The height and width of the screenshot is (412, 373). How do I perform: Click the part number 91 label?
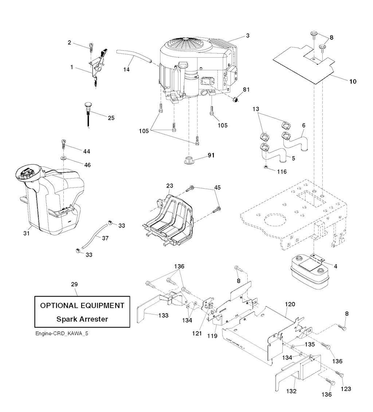coord(212,155)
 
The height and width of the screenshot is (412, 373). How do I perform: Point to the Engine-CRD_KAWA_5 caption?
coord(62,334)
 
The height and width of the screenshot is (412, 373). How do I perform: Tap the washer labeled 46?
coord(63,158)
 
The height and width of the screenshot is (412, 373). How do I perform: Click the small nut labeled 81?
coord(235,99)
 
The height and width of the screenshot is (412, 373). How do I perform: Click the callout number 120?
coord(290,304)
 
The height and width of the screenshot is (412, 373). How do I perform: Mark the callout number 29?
coord(74,284)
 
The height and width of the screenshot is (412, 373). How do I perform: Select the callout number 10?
coord(353,81)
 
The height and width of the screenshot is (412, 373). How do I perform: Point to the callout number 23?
coord(170,185)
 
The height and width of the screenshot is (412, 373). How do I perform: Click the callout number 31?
coord(26,233)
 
